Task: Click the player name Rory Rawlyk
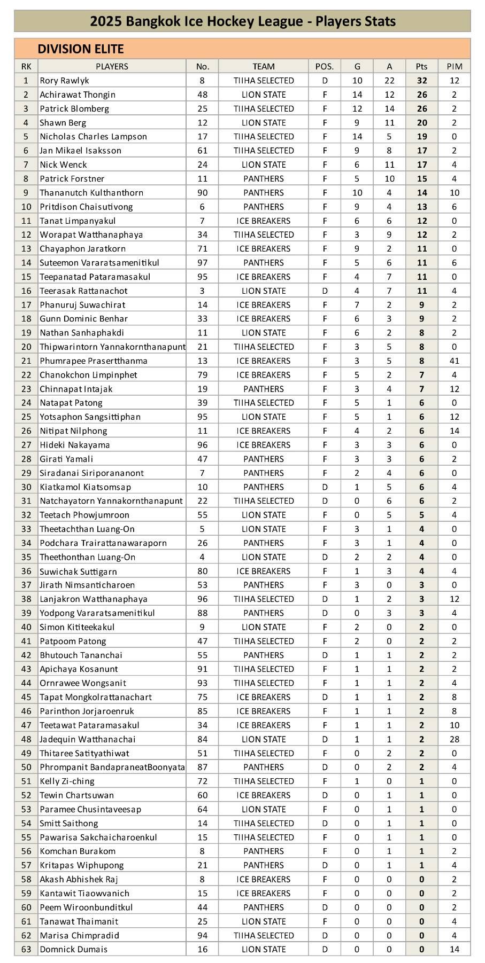point(64,81)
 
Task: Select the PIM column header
point(454,66)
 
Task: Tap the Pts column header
point(421,66)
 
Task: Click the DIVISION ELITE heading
point(80,49)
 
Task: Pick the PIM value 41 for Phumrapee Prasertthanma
point(454,361)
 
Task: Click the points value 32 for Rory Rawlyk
point(422,81)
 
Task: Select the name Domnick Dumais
point(73,949)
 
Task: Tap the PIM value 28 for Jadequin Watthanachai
point(454,739)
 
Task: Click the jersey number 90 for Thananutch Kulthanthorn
point(202,193)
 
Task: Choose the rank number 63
point(26,949)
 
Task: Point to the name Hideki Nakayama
point(74,445)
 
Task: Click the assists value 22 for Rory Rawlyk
point(389,81)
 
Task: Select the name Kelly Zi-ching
point(67,781)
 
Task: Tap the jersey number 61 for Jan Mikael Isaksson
point(202,151)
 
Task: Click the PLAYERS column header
point(112,66)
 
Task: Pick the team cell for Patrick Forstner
point(263,178)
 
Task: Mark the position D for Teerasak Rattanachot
point(324,291)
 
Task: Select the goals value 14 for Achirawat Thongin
point(357,95)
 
